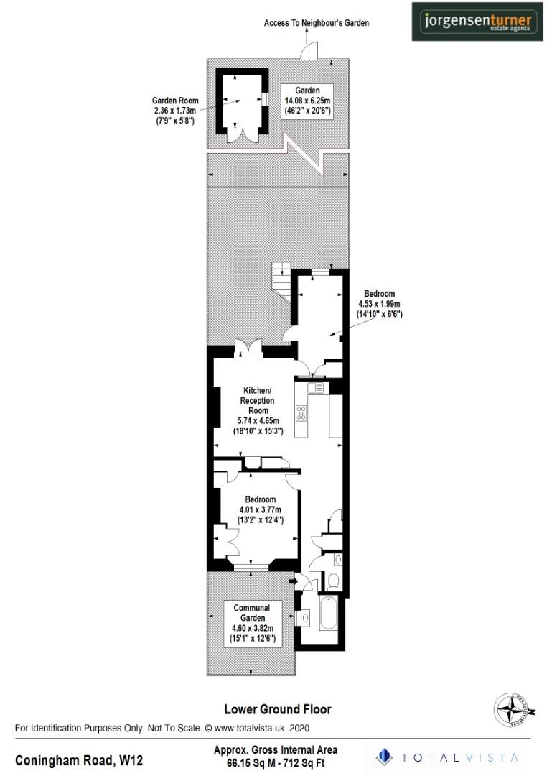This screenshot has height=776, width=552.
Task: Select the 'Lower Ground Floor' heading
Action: click(x=278, y=709)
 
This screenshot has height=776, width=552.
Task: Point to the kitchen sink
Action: click(x=316, y=388)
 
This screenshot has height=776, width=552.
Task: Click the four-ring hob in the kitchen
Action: click(x=301, y=413)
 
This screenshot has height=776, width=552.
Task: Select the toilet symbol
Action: click(x=332, y=580)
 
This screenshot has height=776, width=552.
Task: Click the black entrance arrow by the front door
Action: click(x=293, y=581)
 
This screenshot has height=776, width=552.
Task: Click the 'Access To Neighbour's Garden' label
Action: click(x=317, y=23)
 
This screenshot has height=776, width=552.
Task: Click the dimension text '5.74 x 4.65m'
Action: click(x=258, y=421)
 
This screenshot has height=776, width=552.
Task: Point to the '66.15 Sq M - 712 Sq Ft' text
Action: click(x=276, y=763)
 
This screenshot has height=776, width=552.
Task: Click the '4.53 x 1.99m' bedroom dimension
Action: click(x=378, y=304)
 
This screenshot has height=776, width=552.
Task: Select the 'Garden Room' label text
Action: click(x=175, y=101)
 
